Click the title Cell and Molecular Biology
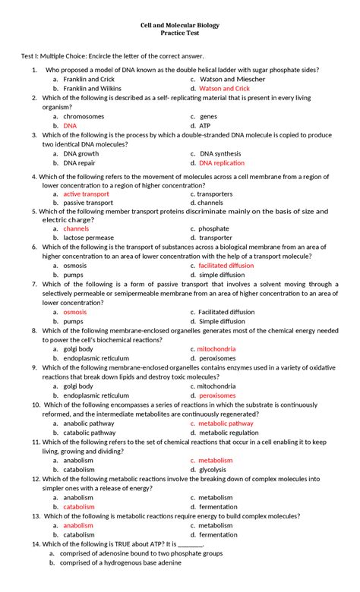point(180,25)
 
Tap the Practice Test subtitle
point(180,35)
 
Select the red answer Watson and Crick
point(225,88)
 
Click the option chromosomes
point(84,116)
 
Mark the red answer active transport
point(86,194)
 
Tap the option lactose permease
point(89,238)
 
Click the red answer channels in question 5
point(76,228)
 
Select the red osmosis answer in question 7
point(75,312)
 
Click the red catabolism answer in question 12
point(79,507)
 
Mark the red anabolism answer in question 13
point(78,525)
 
